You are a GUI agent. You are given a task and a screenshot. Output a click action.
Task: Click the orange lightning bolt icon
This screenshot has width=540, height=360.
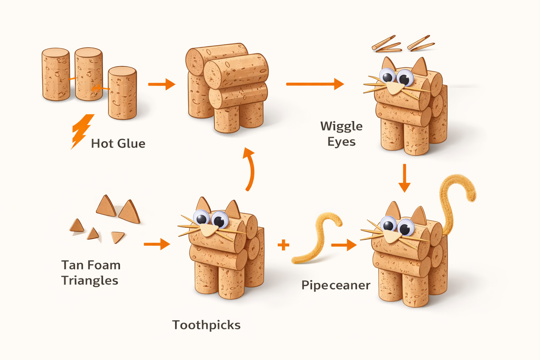point(82,131)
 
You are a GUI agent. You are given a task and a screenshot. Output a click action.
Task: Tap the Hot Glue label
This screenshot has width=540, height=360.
point(118,143)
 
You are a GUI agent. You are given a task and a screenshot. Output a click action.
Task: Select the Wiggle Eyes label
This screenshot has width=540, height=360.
point(341,134)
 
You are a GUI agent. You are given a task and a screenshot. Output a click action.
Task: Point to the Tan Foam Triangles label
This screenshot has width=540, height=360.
point(91,273)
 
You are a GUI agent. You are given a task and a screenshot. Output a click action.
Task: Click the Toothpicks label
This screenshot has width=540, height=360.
point(206,325)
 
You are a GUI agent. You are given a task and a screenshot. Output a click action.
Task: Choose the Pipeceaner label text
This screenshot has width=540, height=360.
point(336,285)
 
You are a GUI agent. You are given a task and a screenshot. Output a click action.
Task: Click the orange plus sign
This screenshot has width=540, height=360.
point(283,245)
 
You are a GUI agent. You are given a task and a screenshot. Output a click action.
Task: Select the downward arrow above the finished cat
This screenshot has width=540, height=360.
point(404,178)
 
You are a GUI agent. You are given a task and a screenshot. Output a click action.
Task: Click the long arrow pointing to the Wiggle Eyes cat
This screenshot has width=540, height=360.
point(315,84)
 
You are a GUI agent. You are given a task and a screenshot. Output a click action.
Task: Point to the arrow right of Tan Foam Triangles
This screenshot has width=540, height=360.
point(157,244)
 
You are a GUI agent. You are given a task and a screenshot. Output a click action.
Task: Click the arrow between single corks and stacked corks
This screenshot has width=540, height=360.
point(162,84)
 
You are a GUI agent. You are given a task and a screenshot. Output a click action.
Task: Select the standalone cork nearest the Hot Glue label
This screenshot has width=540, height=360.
point(122,93)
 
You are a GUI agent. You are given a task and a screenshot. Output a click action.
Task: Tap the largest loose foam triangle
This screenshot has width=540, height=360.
point(130,211)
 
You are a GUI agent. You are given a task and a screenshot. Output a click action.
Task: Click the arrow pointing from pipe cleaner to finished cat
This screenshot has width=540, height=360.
point(344,245)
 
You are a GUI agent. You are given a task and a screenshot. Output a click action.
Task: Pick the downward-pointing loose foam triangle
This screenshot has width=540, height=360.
point(117,237)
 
